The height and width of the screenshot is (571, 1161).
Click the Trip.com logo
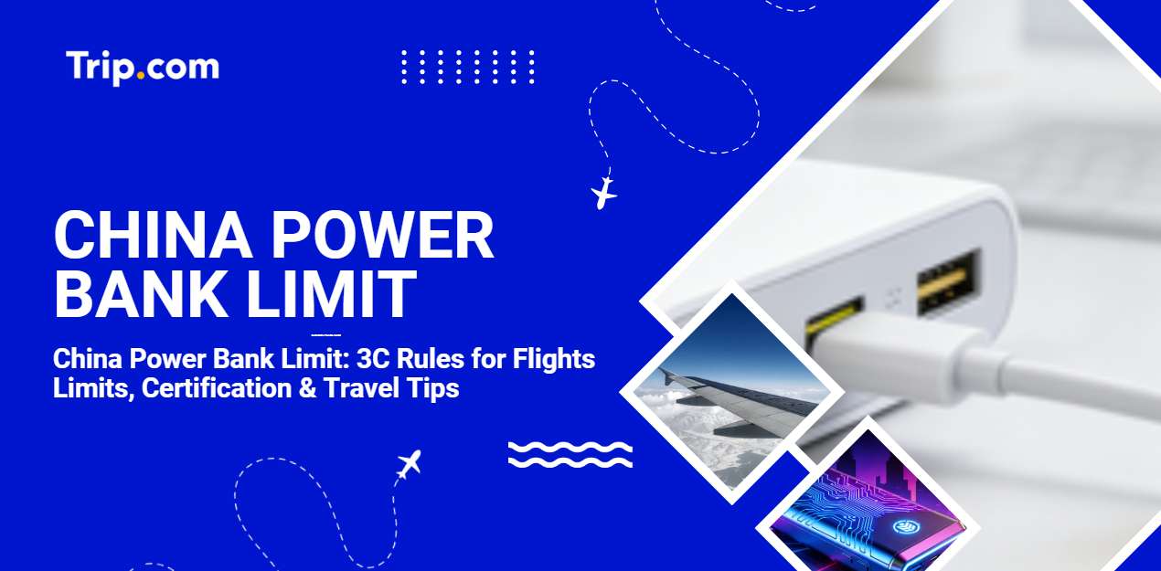pos(142,67)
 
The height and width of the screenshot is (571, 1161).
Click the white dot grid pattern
pos(467,67)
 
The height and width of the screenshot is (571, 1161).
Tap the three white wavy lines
pos(570,454)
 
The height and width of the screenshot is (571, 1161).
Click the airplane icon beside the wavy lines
pos(409,464)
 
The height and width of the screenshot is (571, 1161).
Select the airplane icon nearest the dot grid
pos(603,193)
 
